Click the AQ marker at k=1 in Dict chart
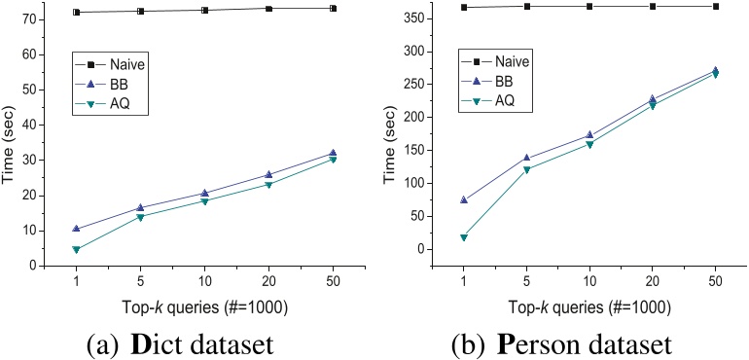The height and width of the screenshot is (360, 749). pos(76,249)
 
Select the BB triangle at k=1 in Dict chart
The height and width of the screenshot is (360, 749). pos(76,229)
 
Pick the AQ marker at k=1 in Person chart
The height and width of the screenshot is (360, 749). pos(464,237)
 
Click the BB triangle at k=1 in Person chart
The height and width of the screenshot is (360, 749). pos(464,199)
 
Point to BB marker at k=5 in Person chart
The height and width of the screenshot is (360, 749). pos(527,158)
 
